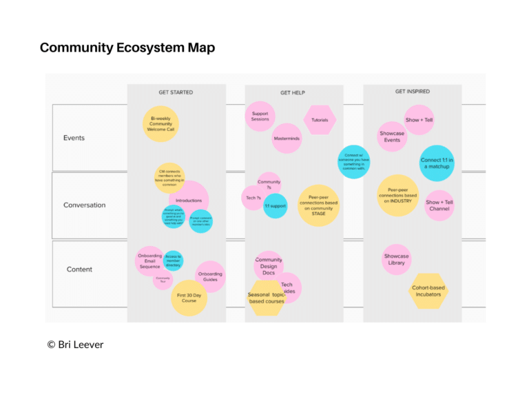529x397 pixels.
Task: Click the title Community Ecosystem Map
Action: tap(127, 48)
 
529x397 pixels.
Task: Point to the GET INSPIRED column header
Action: tap(413, 91)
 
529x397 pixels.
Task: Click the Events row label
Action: tap(74, 138)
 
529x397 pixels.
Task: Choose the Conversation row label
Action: tap(85, 205)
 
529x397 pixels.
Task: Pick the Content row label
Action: tap(79, 269)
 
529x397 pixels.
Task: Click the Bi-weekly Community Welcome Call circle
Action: tap(161, 124)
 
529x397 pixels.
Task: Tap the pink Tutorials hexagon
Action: tap(320, 120)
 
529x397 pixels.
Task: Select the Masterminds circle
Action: tap(287, 139)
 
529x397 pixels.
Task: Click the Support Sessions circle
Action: tap(260, 116)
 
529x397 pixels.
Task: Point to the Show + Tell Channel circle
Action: tap(439, 205)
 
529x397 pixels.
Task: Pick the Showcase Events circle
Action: tap(392, 136)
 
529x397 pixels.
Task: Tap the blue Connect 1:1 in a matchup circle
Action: tap(437, 163)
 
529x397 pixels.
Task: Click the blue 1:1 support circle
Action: tap(276, 206)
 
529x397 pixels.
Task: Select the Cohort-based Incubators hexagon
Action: tap(428, 291)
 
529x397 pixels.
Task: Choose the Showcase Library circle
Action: tap(396, 259)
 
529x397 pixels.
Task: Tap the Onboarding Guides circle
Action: tap(210, 276)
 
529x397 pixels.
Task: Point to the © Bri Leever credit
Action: tap(75, 344)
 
